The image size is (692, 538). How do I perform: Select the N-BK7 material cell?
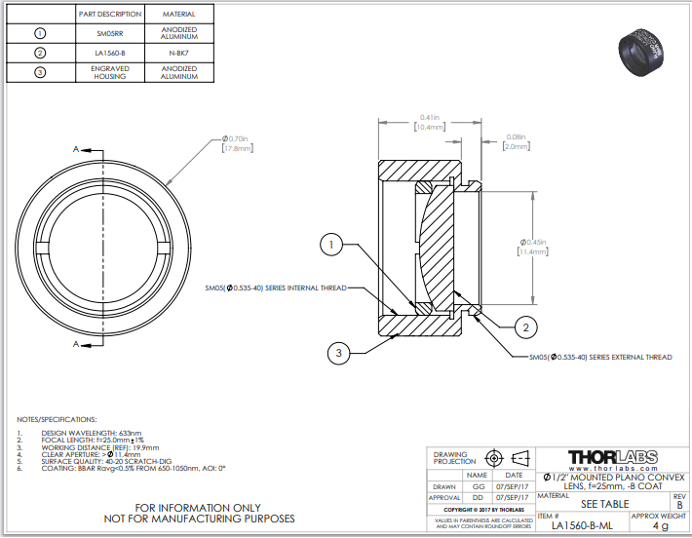178,52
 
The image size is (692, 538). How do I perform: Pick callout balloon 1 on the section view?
332,246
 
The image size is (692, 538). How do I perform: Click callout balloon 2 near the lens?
523,327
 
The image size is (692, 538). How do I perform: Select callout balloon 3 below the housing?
337,352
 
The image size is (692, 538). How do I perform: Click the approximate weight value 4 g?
660,525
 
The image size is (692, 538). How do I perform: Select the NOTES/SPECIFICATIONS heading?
58,418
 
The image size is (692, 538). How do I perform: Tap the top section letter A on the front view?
76,149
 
